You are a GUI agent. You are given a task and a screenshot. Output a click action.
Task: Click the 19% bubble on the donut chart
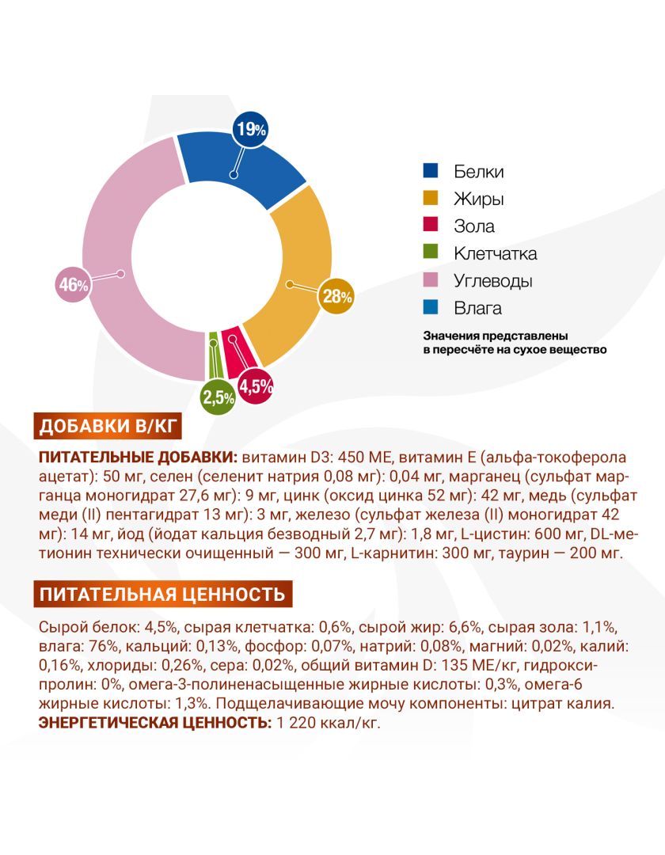pos(250,129)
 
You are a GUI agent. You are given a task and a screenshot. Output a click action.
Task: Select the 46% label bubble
pos(74,284)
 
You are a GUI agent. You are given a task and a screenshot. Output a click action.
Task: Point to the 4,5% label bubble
pos(256,386)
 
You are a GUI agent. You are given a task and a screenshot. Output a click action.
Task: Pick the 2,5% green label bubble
pos(218,397)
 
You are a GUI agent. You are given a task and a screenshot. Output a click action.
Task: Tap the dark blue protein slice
pos(240,164)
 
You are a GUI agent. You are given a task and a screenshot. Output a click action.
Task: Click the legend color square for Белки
pos(431,171)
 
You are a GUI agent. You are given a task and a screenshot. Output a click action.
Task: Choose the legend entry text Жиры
pos(479,199)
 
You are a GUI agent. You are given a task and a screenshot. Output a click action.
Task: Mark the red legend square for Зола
pos(431,225)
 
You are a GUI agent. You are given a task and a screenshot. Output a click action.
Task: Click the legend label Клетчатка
pos(496,253)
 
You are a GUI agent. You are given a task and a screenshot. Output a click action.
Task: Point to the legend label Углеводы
pos(493,281)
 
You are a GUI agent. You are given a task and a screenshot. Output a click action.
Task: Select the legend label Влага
pos(477,308)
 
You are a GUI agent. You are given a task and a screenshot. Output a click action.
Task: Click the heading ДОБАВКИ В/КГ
pos(108,426)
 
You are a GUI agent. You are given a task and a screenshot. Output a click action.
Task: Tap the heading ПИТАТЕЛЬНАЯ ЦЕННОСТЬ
pos(162,594)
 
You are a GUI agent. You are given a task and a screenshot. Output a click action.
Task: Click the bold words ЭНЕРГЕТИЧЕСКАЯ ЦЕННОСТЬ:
pos(155,723)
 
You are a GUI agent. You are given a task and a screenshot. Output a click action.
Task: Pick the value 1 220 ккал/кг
pos(329,723)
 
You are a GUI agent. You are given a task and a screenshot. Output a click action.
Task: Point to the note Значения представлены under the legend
pos(496,336)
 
